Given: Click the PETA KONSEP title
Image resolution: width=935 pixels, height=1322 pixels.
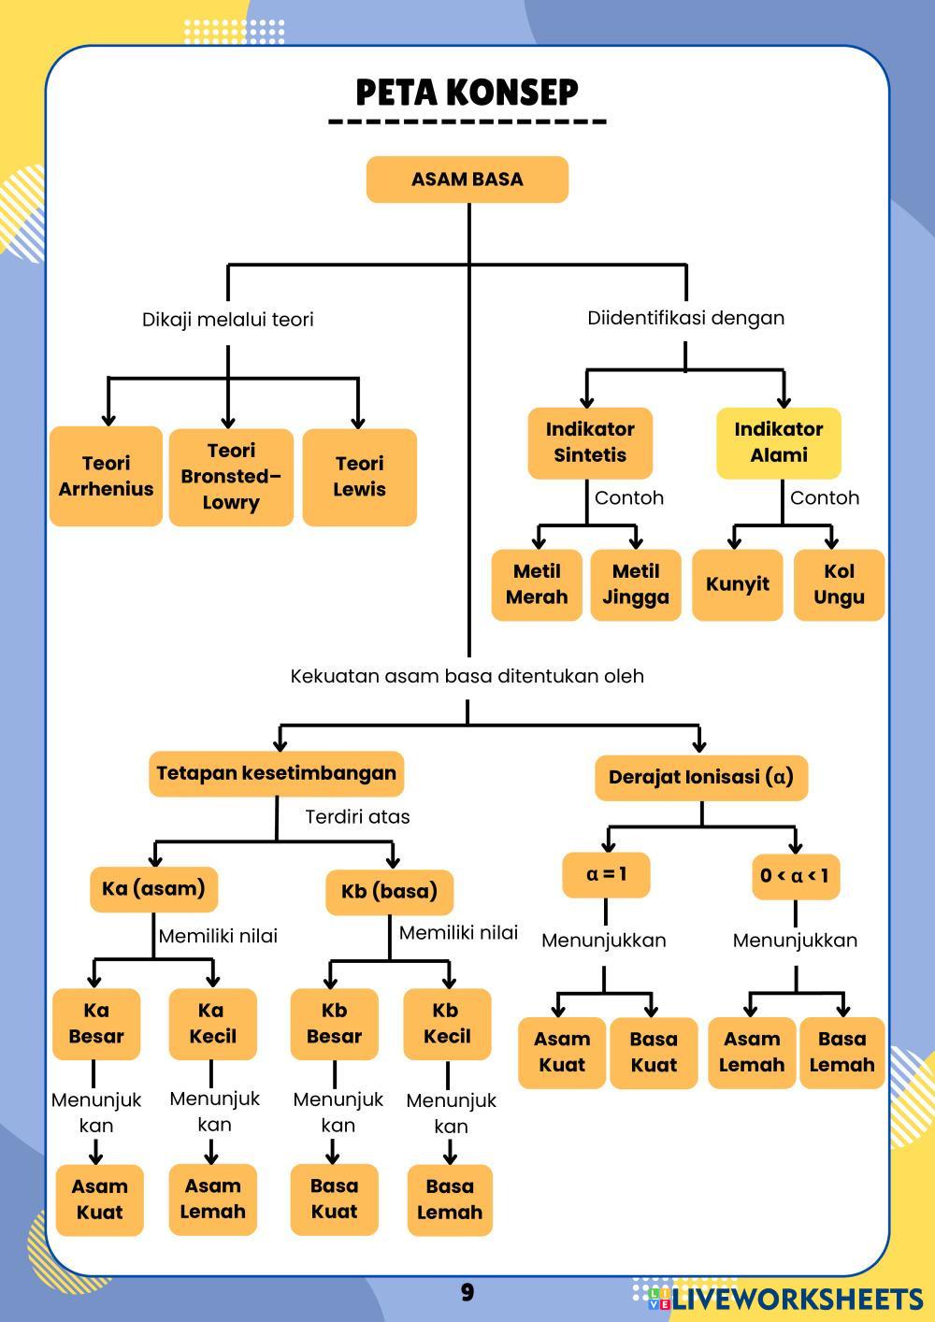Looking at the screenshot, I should pyautogui.click(x=467, y=93).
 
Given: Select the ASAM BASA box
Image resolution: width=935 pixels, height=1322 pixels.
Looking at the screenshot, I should pyautogui.click(x=467, y=180).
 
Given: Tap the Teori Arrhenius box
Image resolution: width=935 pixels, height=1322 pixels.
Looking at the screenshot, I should pyautogui.click(x=106, y=476).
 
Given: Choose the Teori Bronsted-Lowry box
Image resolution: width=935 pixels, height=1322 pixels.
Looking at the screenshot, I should pyautogui.click(x=231, y=476).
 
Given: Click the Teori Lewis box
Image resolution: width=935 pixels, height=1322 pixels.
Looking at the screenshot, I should pyautogui.click(x=359, y=476).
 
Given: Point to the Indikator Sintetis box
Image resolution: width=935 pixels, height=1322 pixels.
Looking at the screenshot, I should pyautogui.click(x=590, y=442).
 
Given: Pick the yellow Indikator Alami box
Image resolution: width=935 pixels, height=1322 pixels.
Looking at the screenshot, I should pyautogui.click(x=778, y=442).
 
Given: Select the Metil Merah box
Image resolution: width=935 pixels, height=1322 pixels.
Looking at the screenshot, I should pyautogui.click(x=537, y=584).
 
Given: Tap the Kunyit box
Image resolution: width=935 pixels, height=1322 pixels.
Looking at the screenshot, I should pyautogui.click(x=737, y=584).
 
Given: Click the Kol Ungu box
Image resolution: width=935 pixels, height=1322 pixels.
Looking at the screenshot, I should pyautogui.click(x=839, y=584).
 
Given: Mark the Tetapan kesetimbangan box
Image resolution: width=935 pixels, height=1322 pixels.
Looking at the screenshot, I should pyautogui.click(x=276, y=773).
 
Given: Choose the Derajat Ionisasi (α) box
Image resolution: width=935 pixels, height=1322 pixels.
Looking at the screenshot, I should pyautogui.click(x=700, y=777).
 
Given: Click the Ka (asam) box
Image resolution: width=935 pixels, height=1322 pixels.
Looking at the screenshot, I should pyautogui.click(x=154, y=888).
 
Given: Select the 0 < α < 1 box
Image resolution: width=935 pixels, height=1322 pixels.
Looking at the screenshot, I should pyautogui.click(x=795, y=876).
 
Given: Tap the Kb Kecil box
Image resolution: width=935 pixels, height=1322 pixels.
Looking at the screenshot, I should pyautogui.click(x=447, y=1024).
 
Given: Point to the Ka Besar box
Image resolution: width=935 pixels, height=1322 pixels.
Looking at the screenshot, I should pyautogui.click(x=96, y=1024).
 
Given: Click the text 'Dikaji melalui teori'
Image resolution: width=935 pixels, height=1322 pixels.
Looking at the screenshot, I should pyautogui.click(x=227, y=320).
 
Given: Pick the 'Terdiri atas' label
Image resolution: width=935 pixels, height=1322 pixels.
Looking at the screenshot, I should pyautogui.click(x=357, y=817).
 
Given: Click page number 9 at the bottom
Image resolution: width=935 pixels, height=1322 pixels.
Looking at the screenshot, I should pyautogui.click(x=467, y=1293).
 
